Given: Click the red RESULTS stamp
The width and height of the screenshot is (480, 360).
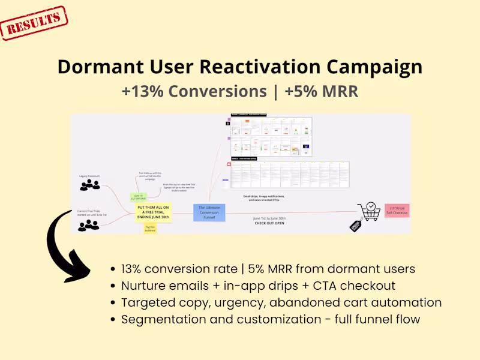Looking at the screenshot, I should pos(34,23).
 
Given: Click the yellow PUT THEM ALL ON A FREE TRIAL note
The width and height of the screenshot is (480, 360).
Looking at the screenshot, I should pos(154,212).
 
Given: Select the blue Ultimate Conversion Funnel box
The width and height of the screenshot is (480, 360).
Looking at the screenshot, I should pos(209,212).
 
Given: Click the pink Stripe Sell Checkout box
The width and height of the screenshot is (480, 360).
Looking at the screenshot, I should pos(397,211).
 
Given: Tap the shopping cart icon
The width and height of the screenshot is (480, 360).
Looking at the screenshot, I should pos(368,211).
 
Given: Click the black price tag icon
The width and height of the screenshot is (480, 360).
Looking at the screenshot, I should pos(355,226).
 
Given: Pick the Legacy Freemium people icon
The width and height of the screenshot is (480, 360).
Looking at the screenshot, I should pos(90,185).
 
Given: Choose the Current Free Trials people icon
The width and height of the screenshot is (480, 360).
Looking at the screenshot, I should pos(88,225).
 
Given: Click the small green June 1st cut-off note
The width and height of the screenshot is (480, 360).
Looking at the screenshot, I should pos(139,197).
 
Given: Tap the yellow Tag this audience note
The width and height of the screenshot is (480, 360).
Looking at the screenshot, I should pos(150,229).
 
